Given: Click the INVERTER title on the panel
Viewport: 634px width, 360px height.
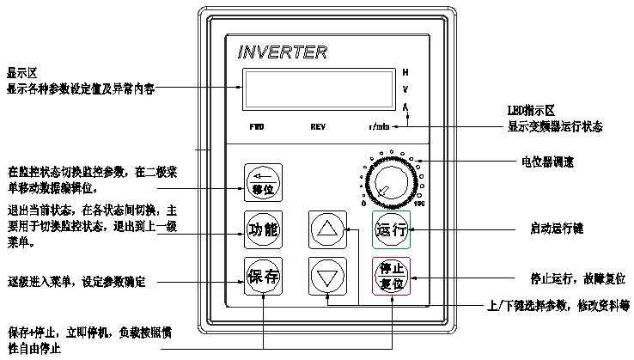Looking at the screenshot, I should (x=282, y=52).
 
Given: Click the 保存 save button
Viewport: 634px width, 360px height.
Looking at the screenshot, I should (x=263, y=278).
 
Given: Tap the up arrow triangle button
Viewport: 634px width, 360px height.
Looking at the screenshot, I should (x=326, y=229).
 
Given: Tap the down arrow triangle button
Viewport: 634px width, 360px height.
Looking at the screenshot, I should (x=326, y=278).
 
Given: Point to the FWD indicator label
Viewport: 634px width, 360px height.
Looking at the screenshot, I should (x=257, y=127).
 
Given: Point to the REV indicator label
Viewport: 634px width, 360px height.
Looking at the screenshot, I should (x=318, y=127).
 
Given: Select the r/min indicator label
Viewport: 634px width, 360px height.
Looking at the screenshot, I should (x=379, y=127).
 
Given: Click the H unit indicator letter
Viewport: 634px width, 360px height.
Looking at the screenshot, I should (x=405, y=71).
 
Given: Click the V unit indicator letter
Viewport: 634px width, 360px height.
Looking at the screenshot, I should (x=405, y=88).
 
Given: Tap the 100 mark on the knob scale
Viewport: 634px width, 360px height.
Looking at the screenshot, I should (x=420, y=204).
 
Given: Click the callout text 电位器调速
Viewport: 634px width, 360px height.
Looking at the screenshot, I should (x=548, y=161).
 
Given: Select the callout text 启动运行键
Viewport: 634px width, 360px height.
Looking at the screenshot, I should (x=557, y=229).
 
